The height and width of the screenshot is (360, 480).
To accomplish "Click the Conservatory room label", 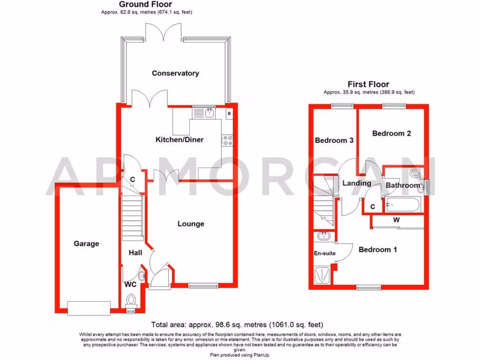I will click(x=175, y=73).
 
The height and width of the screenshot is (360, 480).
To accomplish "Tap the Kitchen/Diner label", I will click(x=180, y=139).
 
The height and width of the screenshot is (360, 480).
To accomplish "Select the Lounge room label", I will click(x=191, y=224).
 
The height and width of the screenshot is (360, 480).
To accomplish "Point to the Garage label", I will click(x=87, y=243).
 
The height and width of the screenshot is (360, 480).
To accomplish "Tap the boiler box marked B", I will click(x=229, y=113).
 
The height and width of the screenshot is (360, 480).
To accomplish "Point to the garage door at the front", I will click(x=89, y=307).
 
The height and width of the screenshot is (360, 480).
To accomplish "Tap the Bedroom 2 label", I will click(x=391, y=133).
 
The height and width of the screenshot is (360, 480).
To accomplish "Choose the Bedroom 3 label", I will click(x=334, y=140).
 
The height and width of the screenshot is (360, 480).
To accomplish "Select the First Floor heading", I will click(x=368, y=84).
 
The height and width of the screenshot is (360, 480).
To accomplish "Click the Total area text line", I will click(x=237, y=324).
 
